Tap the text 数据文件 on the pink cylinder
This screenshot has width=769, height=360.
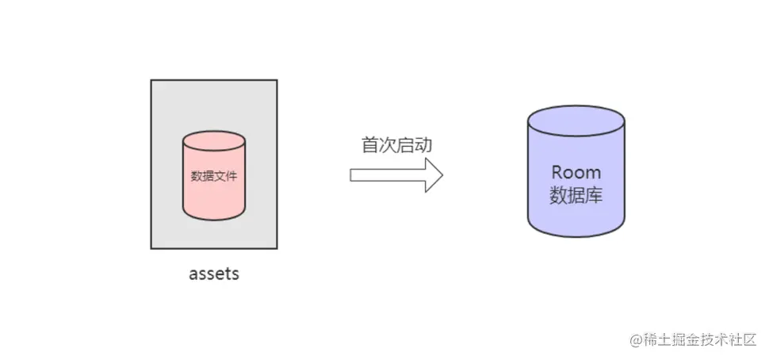[x=213, y=176]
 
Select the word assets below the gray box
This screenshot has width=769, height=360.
[x=214, y=274]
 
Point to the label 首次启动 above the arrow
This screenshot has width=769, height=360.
[x=396, y=145]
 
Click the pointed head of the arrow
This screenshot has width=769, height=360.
[x=433, y=175]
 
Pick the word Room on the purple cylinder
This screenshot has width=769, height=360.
[x=576, y=172]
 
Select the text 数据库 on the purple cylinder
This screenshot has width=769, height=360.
[x=576, y=195]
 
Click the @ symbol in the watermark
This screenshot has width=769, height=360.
[x=636, y=339]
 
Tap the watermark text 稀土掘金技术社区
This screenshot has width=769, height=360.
[x=699, y=339]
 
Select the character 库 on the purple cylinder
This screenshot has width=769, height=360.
[x=594, y=195]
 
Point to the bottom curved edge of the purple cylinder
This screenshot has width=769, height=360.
[x=576, y=236]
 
